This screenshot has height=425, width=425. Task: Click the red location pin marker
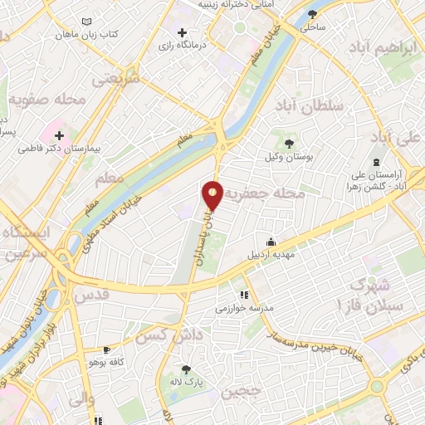213,194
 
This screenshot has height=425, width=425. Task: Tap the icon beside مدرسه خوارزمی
244,294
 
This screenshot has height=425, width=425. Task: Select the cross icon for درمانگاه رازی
182,32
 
